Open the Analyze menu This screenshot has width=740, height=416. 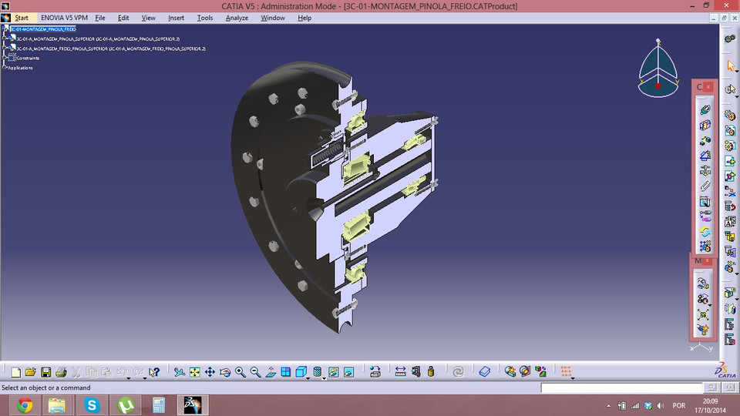click(x=236, y=18)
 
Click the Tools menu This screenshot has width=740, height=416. click(x=205, y=18)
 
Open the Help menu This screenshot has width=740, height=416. click(x=304, y=18)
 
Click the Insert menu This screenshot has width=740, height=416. click(x=176, y=18)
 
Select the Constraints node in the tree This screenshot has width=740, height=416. click(x=28, y=58)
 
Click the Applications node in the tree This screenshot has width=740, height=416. click(x=21, y=68)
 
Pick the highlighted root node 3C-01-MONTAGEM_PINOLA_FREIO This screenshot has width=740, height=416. click(x=42, y=29)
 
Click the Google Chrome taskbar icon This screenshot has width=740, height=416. click(x=25, y=404)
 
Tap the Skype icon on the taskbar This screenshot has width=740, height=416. click(x=92, y=404)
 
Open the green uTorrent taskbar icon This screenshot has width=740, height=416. click(x=126, y=404)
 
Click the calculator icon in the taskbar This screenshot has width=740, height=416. click(x=159, y=404)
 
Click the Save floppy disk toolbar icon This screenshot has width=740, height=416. click(x=46, y=372)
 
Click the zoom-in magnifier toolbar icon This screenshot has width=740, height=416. click(x=240, y=372)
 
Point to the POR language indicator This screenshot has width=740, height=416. click(x=679, y=405)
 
